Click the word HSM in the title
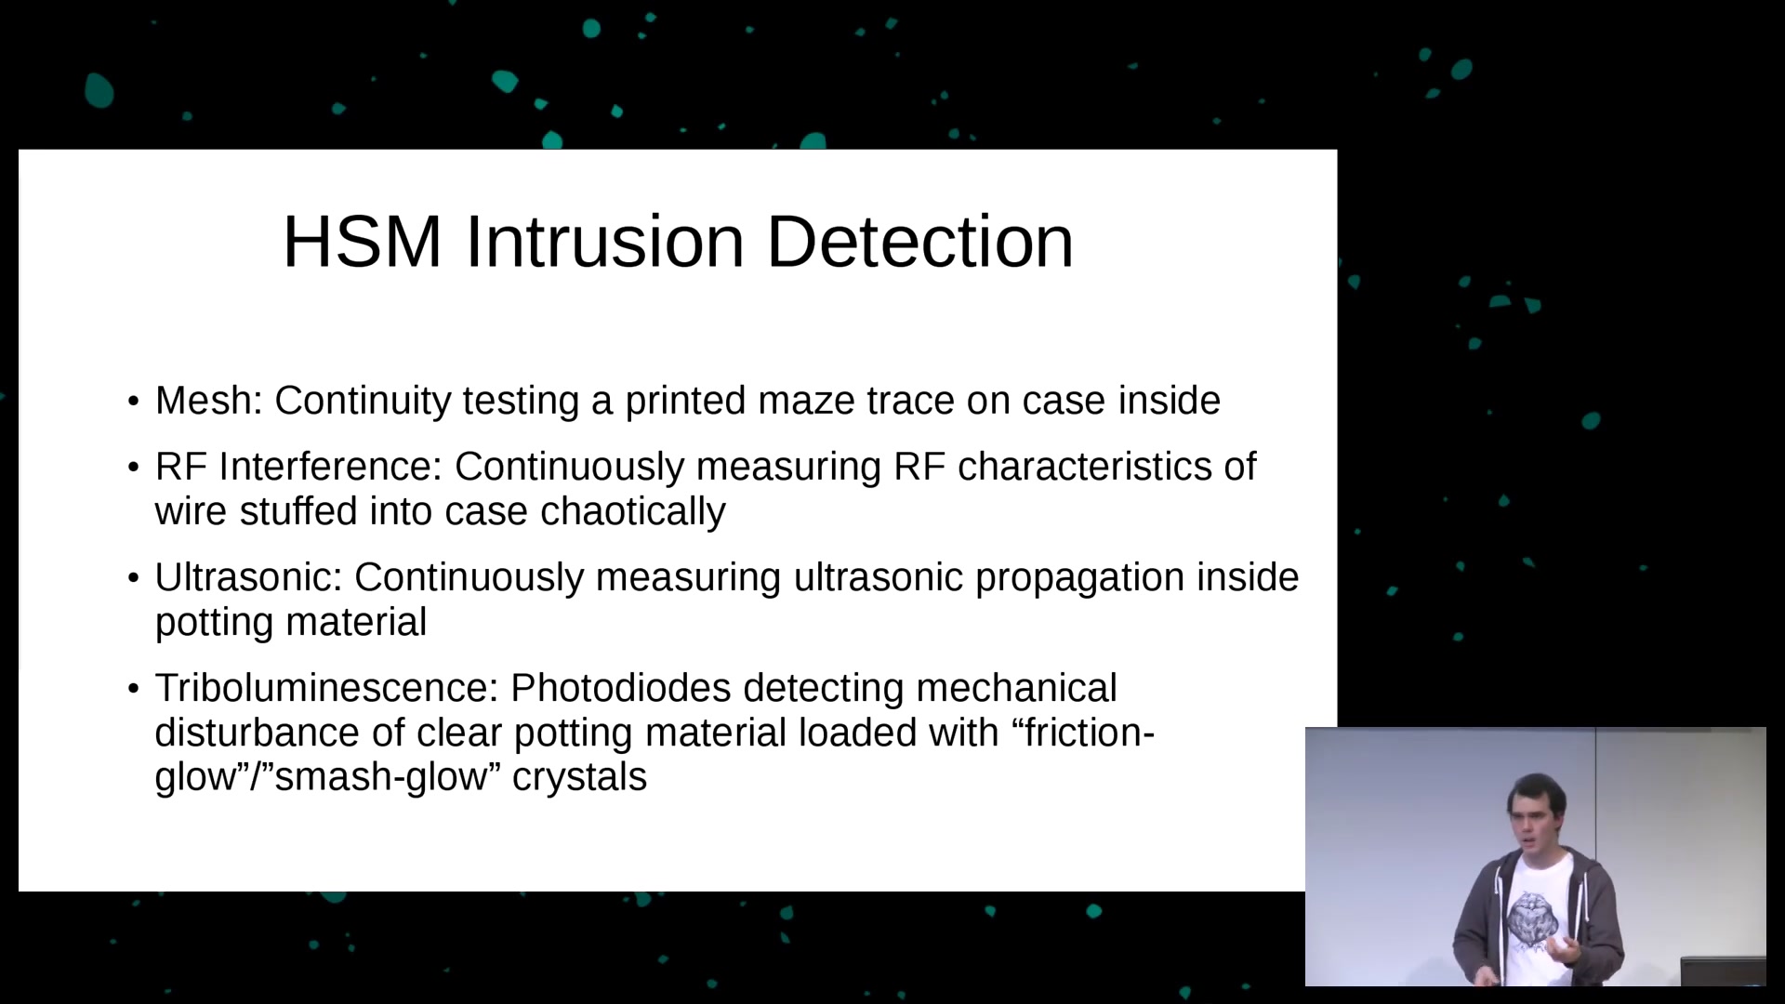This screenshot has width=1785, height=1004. [x=362, y=242]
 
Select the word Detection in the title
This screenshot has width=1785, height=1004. [x=919, y=242]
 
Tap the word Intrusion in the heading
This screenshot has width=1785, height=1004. [x=604, y=242]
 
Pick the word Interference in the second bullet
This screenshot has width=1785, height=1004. [x=330, y=467]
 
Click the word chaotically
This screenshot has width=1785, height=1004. [x=633, y=512]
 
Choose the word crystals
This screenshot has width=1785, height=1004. [x=579, y=777]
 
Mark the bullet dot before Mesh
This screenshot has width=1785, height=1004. [x=134, y=402]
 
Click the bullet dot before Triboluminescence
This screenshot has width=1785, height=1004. [x=134, y=689]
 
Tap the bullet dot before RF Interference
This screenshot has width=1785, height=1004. [x=134, y=468]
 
